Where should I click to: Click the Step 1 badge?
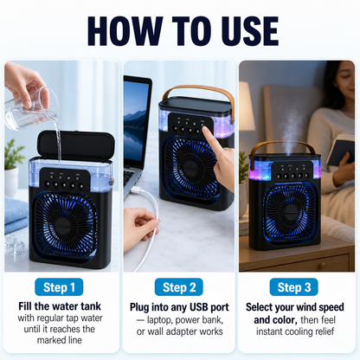59,287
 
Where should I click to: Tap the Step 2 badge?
179,287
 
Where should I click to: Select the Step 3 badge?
294,287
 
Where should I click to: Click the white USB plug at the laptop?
136,190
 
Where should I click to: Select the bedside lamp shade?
247,106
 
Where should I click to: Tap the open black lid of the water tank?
75,145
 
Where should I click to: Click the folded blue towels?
16,214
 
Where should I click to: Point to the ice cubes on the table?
15,245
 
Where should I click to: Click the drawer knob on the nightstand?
321,265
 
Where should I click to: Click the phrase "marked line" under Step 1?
60,340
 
